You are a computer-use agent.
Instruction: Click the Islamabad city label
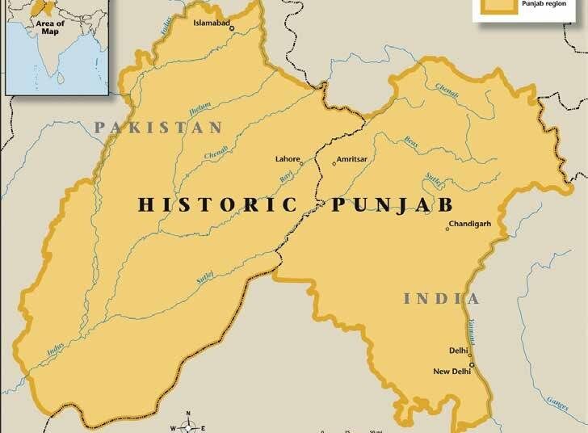pos(212,23)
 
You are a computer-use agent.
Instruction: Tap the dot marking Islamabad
pos(232,29)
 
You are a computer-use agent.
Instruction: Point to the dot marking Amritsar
pos(334,164)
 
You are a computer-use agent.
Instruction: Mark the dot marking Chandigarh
pos(447,229)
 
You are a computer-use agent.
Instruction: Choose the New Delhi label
pos(451,372)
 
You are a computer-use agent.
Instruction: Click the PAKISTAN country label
pos(157,127)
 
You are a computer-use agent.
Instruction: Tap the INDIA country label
pos(442,299)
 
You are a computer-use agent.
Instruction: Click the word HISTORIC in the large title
pos(216,204)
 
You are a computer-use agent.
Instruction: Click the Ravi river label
pos(285,174)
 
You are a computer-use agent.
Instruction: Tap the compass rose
pos(188,426)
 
